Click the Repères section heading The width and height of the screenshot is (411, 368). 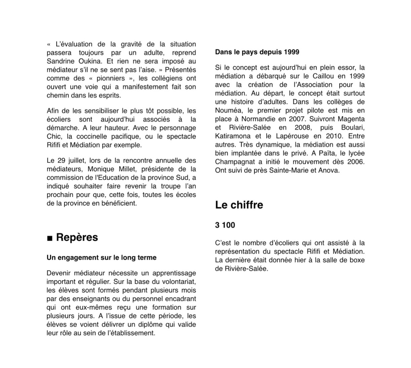[x=77, y=237]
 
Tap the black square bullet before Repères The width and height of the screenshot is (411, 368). [x=50, y=239]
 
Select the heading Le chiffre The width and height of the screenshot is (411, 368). [x=239, y=205]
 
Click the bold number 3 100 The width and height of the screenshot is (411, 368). [x=225, y=225]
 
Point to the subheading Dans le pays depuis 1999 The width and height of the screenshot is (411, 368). [x=257, y=52]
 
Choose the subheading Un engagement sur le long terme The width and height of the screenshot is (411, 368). [x=101, y=258]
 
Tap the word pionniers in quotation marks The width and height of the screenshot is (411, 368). [x=111, y=78]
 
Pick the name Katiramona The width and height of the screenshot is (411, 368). [x=233, y=136]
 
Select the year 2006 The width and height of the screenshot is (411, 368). [x=356, y=162]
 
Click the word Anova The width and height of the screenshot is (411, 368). [x=330, y=171]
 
